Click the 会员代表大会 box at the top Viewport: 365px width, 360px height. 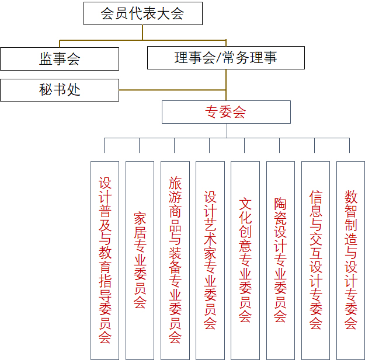(142, 13)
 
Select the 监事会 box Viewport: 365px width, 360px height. (60, 58)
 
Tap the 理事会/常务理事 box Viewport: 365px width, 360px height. (225, 58)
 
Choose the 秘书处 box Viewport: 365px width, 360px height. (60, 90)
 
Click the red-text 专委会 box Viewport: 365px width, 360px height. (226, 112)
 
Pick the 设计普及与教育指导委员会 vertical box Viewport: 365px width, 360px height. (105, 260)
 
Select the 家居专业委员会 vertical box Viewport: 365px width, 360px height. (140, 260)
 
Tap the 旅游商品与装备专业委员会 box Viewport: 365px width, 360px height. (175, 260)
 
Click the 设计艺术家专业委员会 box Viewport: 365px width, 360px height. (210, 260)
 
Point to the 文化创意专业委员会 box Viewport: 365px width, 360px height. (245, 260)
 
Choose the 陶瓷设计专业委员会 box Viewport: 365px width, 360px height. (280, 260)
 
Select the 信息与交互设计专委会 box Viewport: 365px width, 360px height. (315, 260)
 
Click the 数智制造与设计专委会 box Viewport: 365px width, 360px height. (350, 260)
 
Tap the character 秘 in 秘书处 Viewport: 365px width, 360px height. (46, 90)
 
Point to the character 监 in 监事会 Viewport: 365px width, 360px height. (46, 58)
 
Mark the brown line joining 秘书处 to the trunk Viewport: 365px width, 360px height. (172, 90)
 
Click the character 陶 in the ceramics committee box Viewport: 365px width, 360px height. (280, 204)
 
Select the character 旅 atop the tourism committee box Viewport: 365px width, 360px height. (175, 183)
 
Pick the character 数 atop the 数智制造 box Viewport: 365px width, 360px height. (350, 197)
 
